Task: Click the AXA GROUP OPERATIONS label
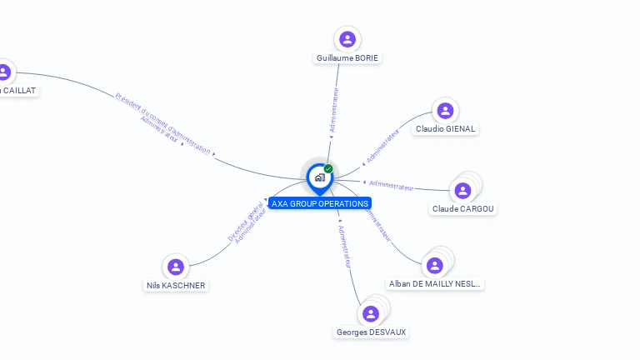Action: [319, 203]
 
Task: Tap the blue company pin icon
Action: [319, 177]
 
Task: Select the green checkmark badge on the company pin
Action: [328, 168]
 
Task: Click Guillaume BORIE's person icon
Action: [347, 39]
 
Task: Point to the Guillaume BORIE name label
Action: [348, 58]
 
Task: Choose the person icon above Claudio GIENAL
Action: [445, 110]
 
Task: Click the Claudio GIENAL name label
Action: [445, 129]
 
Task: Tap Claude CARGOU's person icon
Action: [463, 190]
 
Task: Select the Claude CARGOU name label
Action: [463, 209]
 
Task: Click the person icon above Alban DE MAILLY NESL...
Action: [434, 266]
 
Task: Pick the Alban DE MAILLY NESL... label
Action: [435, 284]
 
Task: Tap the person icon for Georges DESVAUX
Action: [371, 313]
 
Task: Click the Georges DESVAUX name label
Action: [372, 332]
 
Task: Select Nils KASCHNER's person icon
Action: [175, 267]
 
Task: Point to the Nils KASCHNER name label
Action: [176, 286]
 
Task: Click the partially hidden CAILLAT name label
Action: [18, 90]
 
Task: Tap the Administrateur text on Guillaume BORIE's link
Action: [334, 111]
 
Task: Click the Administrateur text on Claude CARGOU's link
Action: [391, 185]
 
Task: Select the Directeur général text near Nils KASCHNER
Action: [245, 222]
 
